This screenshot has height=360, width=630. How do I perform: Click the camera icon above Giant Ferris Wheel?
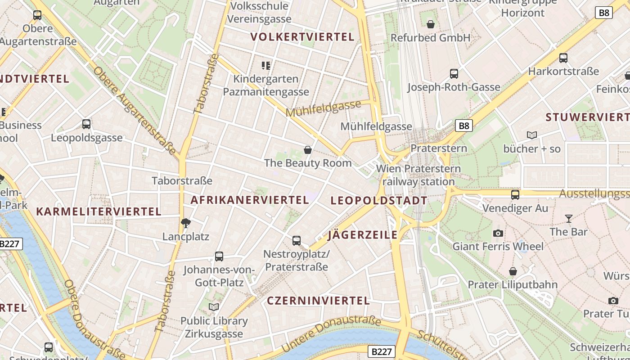tap(498, 233)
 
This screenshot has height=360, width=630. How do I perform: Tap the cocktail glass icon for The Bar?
tap(569, 219)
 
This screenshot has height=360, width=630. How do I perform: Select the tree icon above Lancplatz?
tap(185, 223)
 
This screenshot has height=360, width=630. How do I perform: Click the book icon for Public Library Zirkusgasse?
tap(214, 307)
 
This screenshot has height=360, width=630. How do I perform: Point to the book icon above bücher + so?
tap(532, 135)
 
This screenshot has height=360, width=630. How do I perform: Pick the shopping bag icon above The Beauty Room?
tap(308, 150)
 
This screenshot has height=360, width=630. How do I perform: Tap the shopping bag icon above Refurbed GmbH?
tap(431, 24)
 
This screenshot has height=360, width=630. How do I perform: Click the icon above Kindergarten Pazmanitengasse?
tap(266, 66)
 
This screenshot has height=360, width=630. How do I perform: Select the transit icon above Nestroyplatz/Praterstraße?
tap(296, 241)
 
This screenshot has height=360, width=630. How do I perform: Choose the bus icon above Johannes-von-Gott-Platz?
tap(219, 256)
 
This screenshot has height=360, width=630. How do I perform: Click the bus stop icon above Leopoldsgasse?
tap(86, 124)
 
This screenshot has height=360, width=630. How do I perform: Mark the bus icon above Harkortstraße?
tap(563, 58)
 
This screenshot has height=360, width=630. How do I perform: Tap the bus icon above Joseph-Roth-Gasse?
tap(454, 74)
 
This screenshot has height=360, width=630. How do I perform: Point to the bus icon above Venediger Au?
tap(515, 195)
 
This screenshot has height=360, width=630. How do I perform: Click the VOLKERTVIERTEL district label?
tap(302, 37)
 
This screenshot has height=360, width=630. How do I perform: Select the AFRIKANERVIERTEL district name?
tap(250, 200)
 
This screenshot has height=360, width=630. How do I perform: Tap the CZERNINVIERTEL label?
tap(318, 301)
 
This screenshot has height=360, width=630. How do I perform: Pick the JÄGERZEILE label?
tap(363, 234)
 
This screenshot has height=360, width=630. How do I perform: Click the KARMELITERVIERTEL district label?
tap(99, 211)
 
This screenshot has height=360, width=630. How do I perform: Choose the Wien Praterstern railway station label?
tap(418, 175)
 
